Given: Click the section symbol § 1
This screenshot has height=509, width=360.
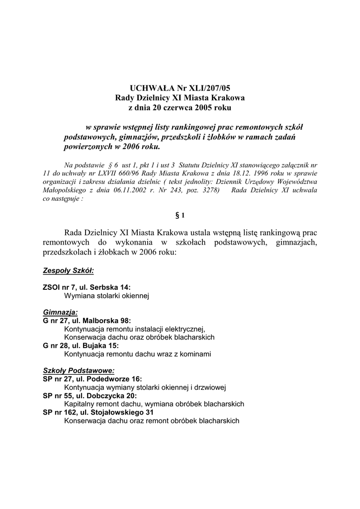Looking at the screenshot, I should tap(180, 215).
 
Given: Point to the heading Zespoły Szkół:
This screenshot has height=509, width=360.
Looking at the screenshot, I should tap(68, 271).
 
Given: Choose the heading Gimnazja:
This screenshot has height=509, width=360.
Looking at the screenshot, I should tap(60, 312).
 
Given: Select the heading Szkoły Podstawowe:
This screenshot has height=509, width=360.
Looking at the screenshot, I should tap(79, 370).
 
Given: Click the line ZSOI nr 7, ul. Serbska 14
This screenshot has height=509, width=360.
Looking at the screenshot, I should tap(87, 288).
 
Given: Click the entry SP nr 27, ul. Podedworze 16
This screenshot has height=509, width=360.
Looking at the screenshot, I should tap(92, 379).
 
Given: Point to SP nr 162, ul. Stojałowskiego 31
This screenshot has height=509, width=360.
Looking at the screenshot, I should tap(98, 412).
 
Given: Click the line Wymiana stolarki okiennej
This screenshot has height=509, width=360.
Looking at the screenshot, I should tap(107, 296).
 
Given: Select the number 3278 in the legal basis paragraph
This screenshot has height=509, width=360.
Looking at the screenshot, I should tap(207, 189).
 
